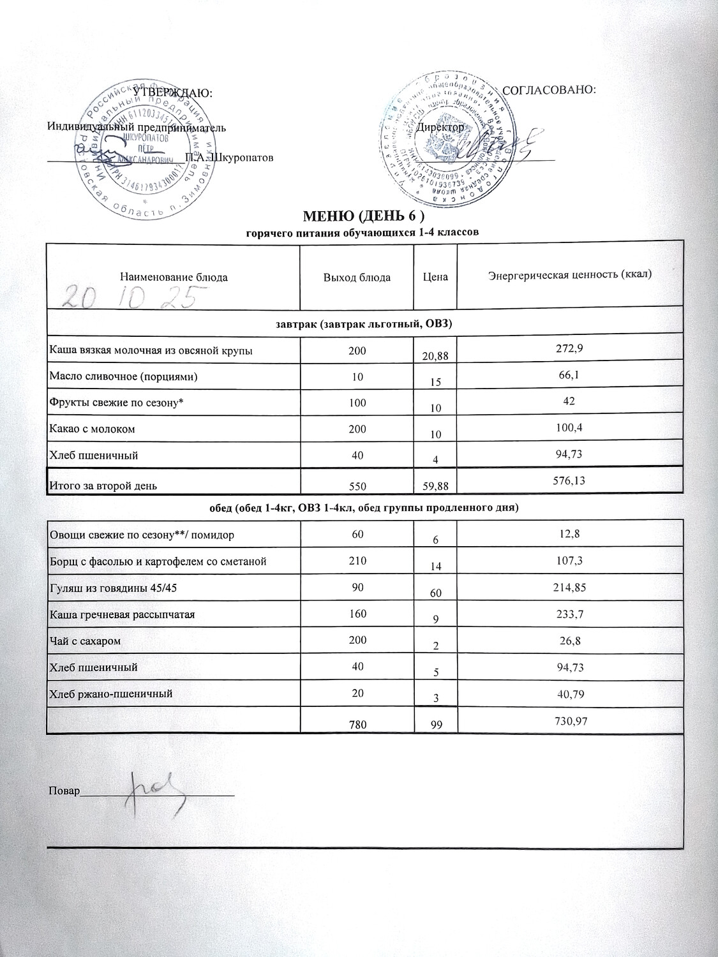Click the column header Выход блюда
click(357, 277)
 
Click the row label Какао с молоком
click(92, 429)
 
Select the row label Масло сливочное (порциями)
click(123, 376)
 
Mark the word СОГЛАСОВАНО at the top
click(550, 90)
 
